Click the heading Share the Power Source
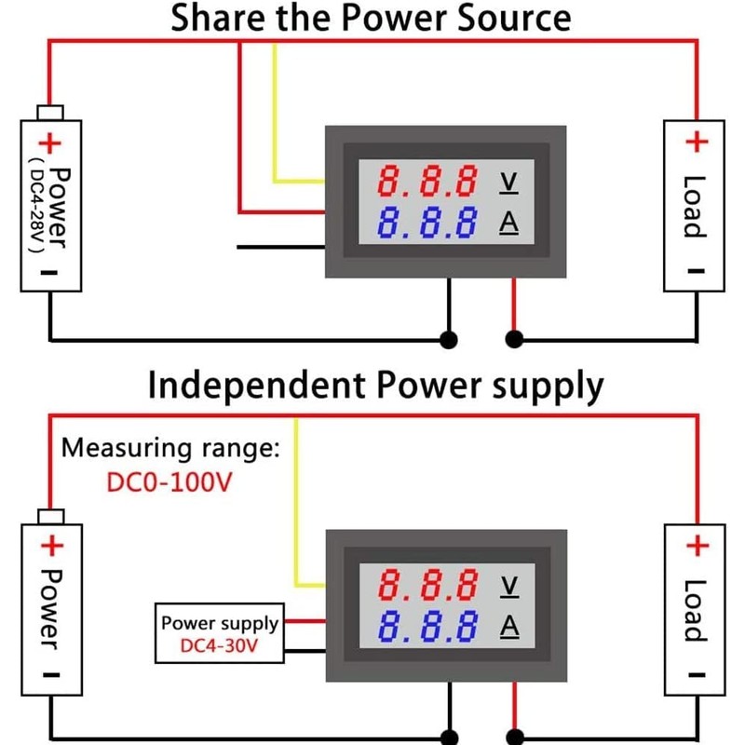(370, 18)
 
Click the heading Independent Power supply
(376, 385)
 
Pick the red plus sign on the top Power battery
(48, 144)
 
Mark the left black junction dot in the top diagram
(449, 339)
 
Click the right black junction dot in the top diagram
(513, 339)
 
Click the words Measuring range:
(170, 448)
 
